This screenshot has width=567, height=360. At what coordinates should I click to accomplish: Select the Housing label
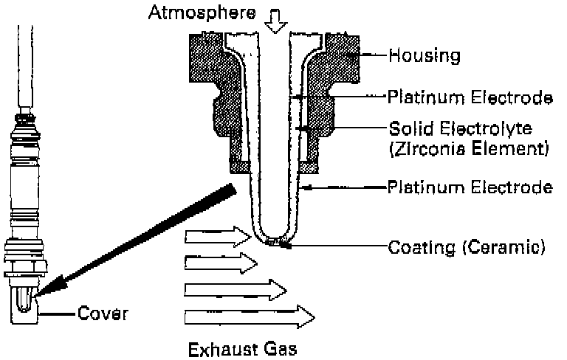425,55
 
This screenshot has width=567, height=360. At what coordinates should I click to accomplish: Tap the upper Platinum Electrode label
470,97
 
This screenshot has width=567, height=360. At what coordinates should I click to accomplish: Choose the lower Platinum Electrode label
470,187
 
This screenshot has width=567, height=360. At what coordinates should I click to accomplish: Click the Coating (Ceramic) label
466,246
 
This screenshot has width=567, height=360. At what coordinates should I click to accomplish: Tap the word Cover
103,314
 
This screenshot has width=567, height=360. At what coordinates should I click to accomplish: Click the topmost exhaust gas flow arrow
219,238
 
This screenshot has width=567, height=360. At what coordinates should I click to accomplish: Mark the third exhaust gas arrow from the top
236,288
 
